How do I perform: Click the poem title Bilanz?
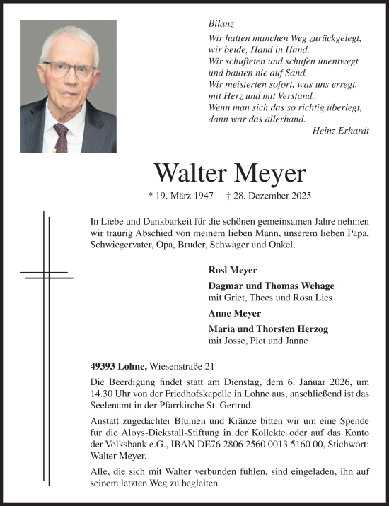[220, 23]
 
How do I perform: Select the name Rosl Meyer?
[233, 270]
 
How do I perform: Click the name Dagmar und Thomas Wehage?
[271, 286]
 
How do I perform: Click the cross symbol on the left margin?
[45, 273]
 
